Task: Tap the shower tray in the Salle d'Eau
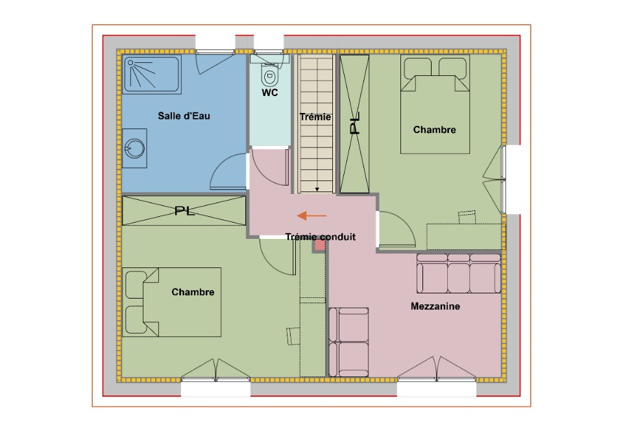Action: [x=151, y=74]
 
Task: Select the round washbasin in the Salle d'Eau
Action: [x=134, y=148]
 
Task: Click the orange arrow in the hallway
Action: [x=312, y=215]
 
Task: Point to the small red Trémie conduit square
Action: [x=319, y=245]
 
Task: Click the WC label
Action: [x=270, y=93]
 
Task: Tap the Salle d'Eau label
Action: [x=184, y=116]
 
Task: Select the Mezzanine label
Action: [x=435, y=306]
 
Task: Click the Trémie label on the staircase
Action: [x=315, y=117]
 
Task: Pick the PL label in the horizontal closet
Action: [x=185, y=210]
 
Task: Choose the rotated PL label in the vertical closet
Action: [x=355, y=123]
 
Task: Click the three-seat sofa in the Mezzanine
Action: [x=459, y=274]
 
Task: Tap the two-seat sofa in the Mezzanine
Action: [x=349, y=342]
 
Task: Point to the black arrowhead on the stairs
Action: [x=317, y=190]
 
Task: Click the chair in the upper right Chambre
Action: [x=467, y=217]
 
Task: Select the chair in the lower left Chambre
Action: [x=293, y=336]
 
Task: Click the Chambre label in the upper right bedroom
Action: [x=434, y=130]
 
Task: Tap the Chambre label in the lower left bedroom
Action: [x=193, y=292]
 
